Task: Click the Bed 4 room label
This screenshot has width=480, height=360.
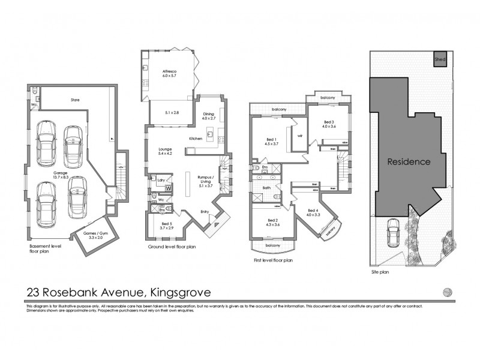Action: [313, 212]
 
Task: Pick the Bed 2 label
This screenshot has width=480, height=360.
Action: [273, 221]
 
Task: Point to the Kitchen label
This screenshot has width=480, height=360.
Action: [196, 139]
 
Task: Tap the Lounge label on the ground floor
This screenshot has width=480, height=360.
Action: [165, 151]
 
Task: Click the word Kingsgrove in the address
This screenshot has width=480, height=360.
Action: [175, 293]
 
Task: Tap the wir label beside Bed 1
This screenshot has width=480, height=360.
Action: [299, 136]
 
